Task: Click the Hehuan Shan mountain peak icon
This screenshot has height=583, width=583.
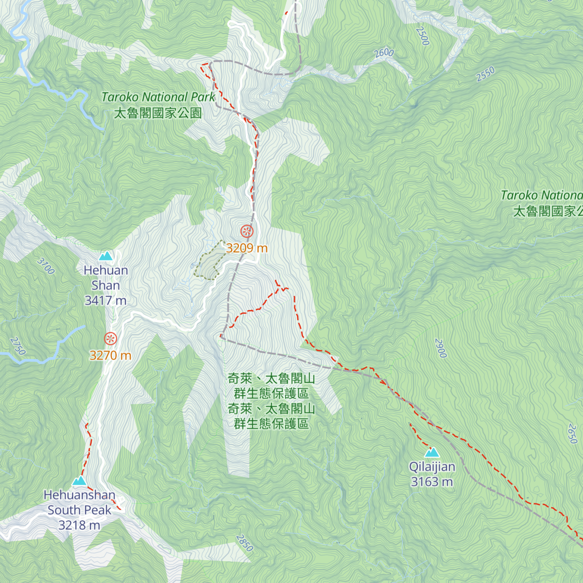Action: click(105, 256)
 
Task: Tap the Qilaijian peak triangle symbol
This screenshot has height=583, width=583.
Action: click(432, 453)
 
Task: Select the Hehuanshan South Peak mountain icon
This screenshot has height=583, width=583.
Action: click(79, 481)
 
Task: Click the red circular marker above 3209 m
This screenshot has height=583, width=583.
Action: click(247, 231)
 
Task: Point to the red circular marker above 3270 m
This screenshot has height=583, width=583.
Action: click(110, 339)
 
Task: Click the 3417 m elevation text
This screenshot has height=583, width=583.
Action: click(105, 301)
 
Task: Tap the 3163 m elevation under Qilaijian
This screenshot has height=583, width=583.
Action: click(432, 482)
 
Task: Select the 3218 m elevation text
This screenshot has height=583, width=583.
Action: click(79, 525)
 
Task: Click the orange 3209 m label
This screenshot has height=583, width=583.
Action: click(247, 248)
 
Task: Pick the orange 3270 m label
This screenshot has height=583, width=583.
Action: click(110, 356)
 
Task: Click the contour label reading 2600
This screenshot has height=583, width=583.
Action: click(384, 53)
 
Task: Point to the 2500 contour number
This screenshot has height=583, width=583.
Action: click(423, 36)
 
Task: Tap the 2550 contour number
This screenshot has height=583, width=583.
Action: click(485, 74)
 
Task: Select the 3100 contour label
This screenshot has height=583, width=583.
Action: click(46, 266)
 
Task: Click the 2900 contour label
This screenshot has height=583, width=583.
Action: click(440, 348)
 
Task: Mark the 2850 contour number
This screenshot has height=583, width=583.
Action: click(244, 543)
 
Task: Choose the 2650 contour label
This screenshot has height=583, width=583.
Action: click(572, 433)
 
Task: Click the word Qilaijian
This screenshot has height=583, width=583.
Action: click(432, 467)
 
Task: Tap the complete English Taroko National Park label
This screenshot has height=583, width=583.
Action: click(158, 97)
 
